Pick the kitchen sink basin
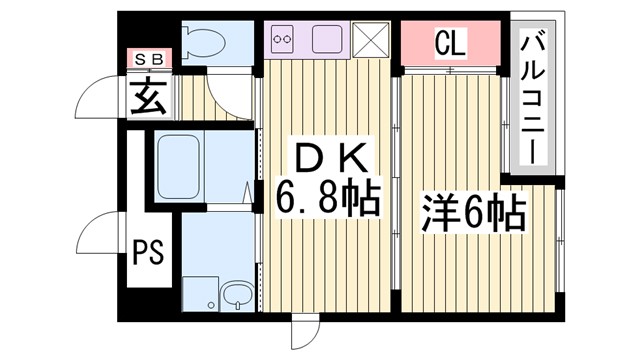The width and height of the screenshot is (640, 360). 328,41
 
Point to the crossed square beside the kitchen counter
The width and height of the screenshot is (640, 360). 373,41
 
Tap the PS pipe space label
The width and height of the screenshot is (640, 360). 146,251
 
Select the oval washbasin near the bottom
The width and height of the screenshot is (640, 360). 237,294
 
